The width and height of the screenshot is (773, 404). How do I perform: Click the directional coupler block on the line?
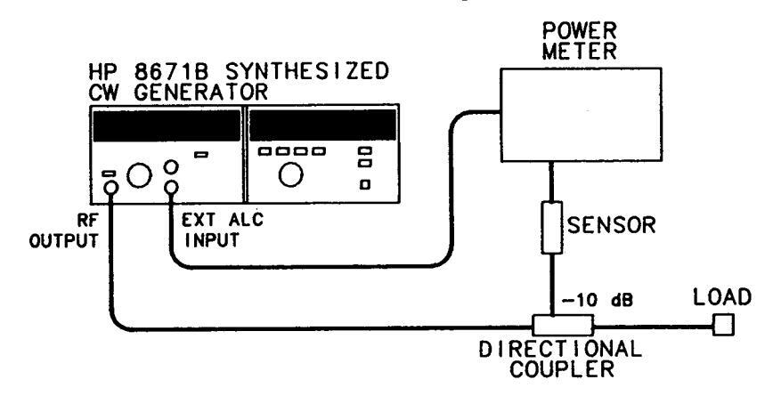click(554, 327)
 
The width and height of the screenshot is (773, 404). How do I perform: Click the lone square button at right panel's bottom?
click(363, 185)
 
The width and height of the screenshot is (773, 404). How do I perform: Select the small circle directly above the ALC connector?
click(170, 166)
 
